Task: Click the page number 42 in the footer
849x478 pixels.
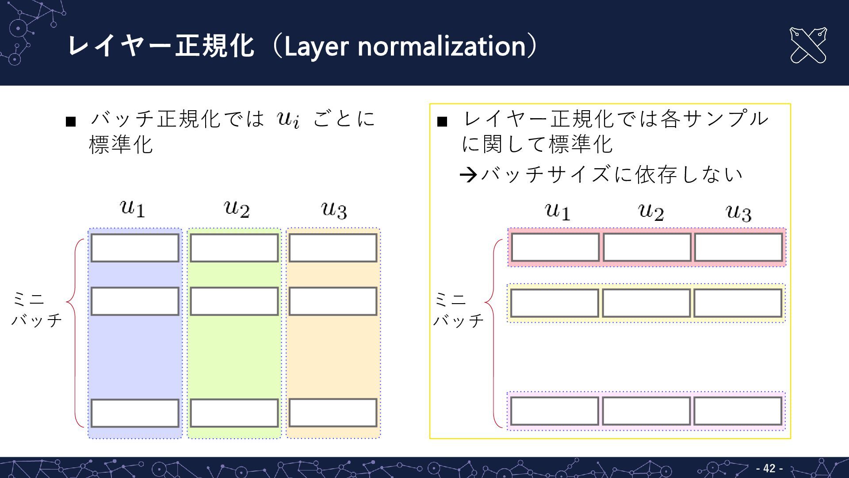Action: [769, 468]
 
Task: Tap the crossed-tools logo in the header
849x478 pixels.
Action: [808, 46]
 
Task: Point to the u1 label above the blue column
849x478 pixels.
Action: [133, 208]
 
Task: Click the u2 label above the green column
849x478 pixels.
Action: [237, 208]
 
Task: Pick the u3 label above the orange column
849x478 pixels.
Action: [334, 210]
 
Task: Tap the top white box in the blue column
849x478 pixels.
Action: [135, 248]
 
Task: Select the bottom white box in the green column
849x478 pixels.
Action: [234, 413]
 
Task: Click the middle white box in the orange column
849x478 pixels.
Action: [333, 301]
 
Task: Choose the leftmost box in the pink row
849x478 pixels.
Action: [555, 247]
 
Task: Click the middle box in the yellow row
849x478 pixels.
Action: [646, 303]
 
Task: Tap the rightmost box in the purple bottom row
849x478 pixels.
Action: [738, 411]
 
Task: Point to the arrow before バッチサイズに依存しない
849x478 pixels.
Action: [468, 175]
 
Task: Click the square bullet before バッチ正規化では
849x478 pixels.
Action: [71, 121]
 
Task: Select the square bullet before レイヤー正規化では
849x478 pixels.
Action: [442, 121]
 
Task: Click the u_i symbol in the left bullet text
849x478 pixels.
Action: [289, 119]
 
